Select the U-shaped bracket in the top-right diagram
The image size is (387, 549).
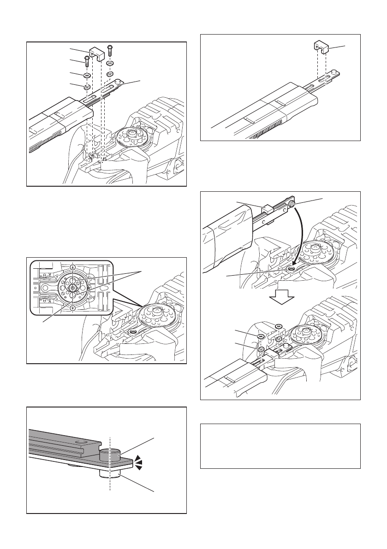tap(322, 47)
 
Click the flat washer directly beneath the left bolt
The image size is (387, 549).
tap(86, 75)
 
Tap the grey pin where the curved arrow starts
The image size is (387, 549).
tap(292, 205)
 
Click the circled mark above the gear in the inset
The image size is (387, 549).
tap(72, 267)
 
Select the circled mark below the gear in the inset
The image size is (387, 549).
tap(72, 308)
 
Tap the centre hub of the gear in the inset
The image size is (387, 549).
tap(73, 287)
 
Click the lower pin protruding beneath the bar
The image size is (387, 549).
tap(110, 474)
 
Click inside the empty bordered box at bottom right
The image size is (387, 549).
tap(280, 446)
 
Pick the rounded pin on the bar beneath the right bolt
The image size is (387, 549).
tap(119, 81)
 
